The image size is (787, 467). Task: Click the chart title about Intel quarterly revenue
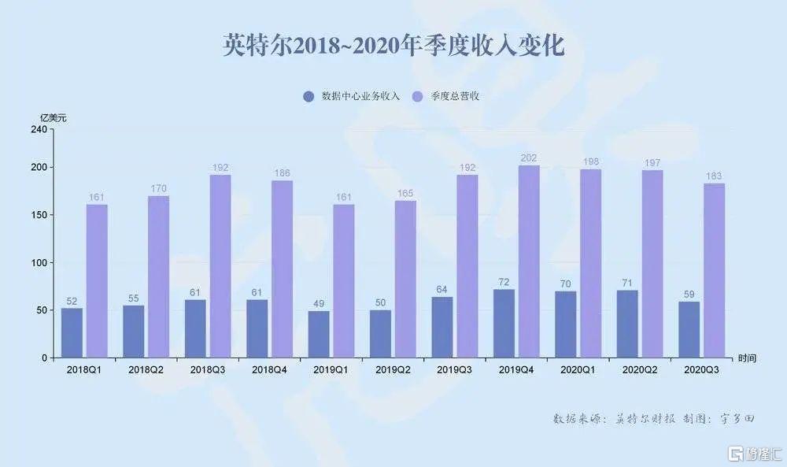393,46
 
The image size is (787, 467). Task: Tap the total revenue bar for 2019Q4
529,261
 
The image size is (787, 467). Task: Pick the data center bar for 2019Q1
319,335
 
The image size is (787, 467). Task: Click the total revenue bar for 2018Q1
97,281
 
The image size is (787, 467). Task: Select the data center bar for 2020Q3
689,330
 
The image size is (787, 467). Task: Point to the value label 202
529,158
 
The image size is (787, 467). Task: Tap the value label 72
504,282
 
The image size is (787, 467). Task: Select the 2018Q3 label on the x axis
208,369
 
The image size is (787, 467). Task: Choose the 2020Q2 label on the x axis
640,369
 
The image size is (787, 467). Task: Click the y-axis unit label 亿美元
54,117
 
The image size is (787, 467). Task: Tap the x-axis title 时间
747,358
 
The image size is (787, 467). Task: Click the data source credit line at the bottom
653,419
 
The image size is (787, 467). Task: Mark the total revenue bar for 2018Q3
220,266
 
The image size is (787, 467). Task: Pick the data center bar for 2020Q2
627,324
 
